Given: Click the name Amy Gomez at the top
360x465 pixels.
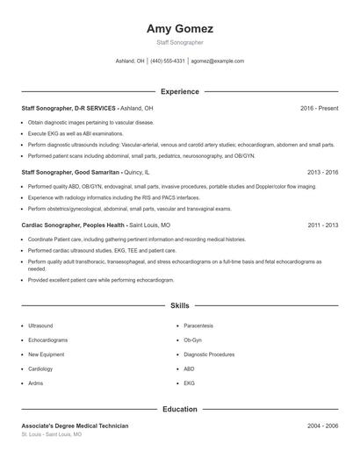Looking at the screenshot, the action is pyautogui.click(x=179, y=29).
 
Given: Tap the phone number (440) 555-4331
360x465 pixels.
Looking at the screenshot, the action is pyautogui.click(x=168, y=61).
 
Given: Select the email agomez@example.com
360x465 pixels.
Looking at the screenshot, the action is pyautogui.click(x=218, y=61).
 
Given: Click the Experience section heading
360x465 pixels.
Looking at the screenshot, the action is pyautogui.click(x=179, y=91).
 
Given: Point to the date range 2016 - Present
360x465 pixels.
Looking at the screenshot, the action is pyautogui.click(x=319, y=108).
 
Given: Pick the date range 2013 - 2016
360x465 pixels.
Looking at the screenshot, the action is pyautogui.click(x=322, y=173).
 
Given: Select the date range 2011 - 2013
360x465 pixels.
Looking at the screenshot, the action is pyautogui.click(x=322, y=225).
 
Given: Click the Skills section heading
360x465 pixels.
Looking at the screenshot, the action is pyautogui.click(x=179, y=305).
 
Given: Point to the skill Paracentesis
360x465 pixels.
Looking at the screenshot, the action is pyautogui.click(x=199, y=325).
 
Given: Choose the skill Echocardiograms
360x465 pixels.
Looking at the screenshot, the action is pyautogui.click(x=48, y=340).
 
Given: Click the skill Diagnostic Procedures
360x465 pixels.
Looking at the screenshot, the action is pyautogui.click(x=209, y=354).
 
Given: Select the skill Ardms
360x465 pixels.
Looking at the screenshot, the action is pyautogui.click(x=36, y=383).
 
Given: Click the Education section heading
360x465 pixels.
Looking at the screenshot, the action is pyautogui.click(x=179, y=409).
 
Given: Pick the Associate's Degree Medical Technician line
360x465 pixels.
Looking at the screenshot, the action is pyautogui.click(x=75, y=426).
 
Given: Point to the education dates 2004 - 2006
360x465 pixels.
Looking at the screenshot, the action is pyautogui.click(x=322, y=426).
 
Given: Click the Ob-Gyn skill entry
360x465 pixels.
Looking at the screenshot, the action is pyautogui.click(x=192, y=340).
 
